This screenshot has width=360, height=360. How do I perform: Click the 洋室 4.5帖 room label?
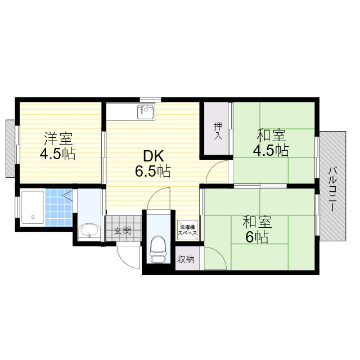point(58,146)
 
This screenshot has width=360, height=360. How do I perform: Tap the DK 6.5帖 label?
point(153,164)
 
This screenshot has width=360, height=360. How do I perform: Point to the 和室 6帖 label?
point(257,229)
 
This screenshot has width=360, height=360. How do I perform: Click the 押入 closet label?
point(218,131)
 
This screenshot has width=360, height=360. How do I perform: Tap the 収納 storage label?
point(186,259)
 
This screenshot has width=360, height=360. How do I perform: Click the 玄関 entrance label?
point(123,231)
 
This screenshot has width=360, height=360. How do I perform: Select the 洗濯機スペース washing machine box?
point(187,230)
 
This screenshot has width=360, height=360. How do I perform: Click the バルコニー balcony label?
point(332,189)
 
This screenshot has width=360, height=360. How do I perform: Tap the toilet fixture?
point(157,249)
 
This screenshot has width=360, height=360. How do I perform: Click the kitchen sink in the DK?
point(146,112)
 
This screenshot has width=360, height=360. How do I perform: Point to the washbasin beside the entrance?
point(89,231)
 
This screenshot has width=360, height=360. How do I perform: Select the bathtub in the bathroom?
point(33,208)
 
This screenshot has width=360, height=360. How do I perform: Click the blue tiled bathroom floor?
point(59,208)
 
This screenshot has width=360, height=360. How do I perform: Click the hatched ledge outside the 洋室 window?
point(10,148)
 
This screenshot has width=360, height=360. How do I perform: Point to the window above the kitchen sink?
point(150,100)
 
